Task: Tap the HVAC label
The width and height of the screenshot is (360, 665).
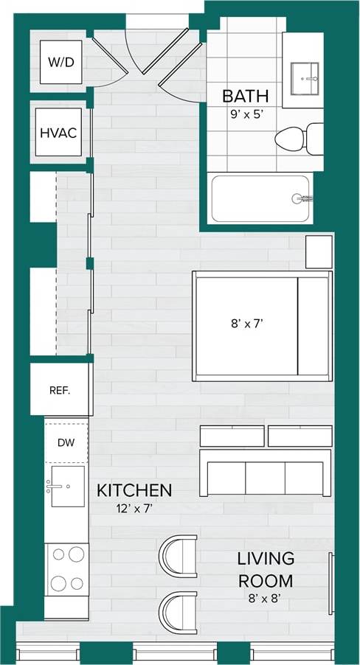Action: tap(58, 133)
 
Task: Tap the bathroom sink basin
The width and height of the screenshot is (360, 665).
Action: tap(305, 76)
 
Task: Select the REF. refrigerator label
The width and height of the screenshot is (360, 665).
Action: tap(60, 390)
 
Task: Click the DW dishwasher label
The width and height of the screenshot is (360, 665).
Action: tap(66, 442)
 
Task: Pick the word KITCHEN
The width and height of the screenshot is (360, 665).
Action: tap(134, 490)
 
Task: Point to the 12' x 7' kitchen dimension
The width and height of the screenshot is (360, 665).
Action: tap(134, 507)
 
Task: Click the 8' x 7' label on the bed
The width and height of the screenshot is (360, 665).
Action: tap(246, 322)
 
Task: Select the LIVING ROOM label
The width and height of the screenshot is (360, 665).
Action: tap(266, 569)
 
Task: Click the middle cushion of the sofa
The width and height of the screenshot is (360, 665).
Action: tap(265, 478)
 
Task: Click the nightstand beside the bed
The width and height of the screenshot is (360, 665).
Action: tap(319, 251)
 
